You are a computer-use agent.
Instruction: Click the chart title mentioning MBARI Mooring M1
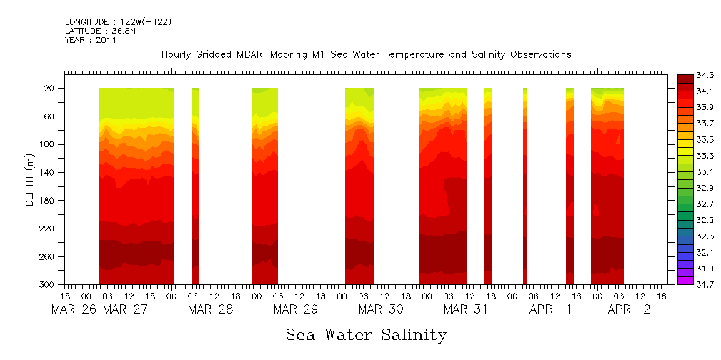pyautogui.click(x=366, y=54)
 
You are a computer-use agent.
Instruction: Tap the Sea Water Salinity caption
pyautogui.click(x=366, y=334)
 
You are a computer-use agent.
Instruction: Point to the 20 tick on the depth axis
pyautogui.click(x=49, y=89)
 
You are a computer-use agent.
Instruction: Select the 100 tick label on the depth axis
pyautogui.click(x=47, y=144)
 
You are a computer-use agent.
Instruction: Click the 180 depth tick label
pyautogui.click(x=47, y=201)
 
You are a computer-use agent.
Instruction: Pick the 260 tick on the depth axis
pyautogui.click(x=47, y=256)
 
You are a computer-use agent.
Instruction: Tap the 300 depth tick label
pyautogui.click(x=47, y=285)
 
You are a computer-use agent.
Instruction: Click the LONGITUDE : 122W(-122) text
pyautogui.click(x=118, y=22)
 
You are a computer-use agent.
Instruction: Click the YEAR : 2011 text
pyautogui.click(x=90, y=40)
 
